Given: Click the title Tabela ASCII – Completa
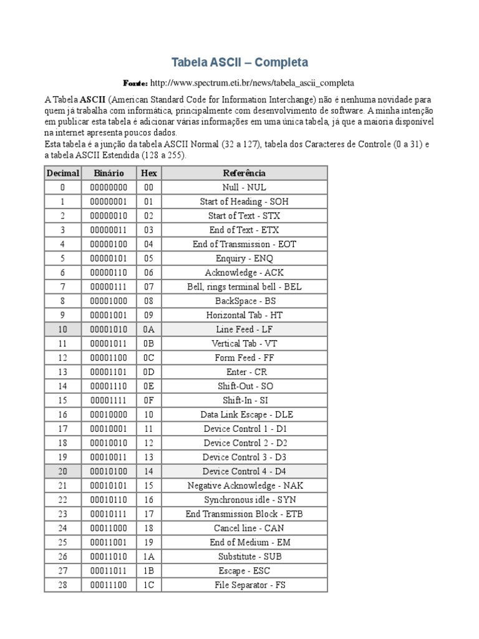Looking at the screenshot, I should pyautogui.click(x=239, y=63).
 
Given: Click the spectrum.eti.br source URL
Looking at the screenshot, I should pyautogui.click(x=252, y=82).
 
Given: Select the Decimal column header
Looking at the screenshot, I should pyautogui.click(x=62, y=173).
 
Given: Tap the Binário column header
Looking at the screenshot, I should pyautogui.click(x=109, y=173).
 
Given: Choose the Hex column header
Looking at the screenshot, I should pyautogui.click(x=148, y=173).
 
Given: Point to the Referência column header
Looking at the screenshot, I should pyautogui.click(x=244, y=173).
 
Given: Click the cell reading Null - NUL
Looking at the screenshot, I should pyautogui.click(x=244, y=187).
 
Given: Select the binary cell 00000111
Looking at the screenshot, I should pyautogui.click(x=109, y=286).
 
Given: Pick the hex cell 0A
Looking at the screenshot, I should pyautogui.click(x=148, y=329).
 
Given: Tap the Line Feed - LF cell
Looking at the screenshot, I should pyautogui.click(x=244, y=329).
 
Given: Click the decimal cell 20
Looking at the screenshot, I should pyautogui.click(x=62, y=471).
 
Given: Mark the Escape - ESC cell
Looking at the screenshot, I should pyautogui.click(x=244, y=570).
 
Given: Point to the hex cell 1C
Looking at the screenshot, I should pyautogui.click(x=148, y=585).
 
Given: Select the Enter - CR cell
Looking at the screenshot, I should pyautogui.click(x=244, y=372).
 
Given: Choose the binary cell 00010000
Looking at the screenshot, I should pyautogui.click(x=109, y=414).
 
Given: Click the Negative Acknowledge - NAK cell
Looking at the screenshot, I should pyautogui.click(x=244, y=485).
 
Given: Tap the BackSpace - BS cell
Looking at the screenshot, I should pyautogui.click(x=244, y=301).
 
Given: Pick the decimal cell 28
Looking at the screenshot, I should pyautogui.click(x=62, y=585).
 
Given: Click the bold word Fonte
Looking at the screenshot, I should pyautogui.click(x=135, y=82).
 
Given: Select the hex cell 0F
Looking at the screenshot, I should pyautogui.click(x=148, y=400).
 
